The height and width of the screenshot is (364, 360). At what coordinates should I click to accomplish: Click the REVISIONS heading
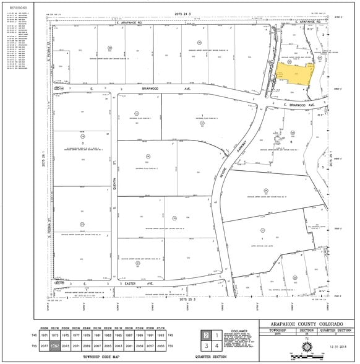click(x=17, y=7)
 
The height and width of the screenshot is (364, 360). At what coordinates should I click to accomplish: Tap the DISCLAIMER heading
click(x=239, y=331)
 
